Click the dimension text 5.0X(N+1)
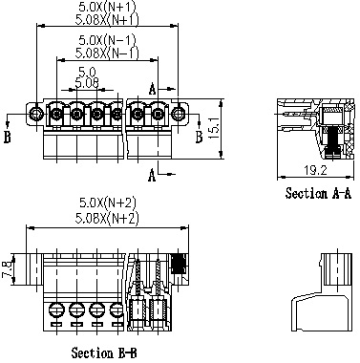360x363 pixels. [107, 7]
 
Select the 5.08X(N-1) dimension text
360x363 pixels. [107, 53]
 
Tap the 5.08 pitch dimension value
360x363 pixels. [87, 83]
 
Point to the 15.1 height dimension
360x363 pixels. [214, 128]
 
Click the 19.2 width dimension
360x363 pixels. [314, 170]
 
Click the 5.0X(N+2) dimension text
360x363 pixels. [108, 203]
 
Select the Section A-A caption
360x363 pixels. [318, 193]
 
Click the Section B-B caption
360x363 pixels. [104, 352]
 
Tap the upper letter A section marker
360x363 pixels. [153, 89]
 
